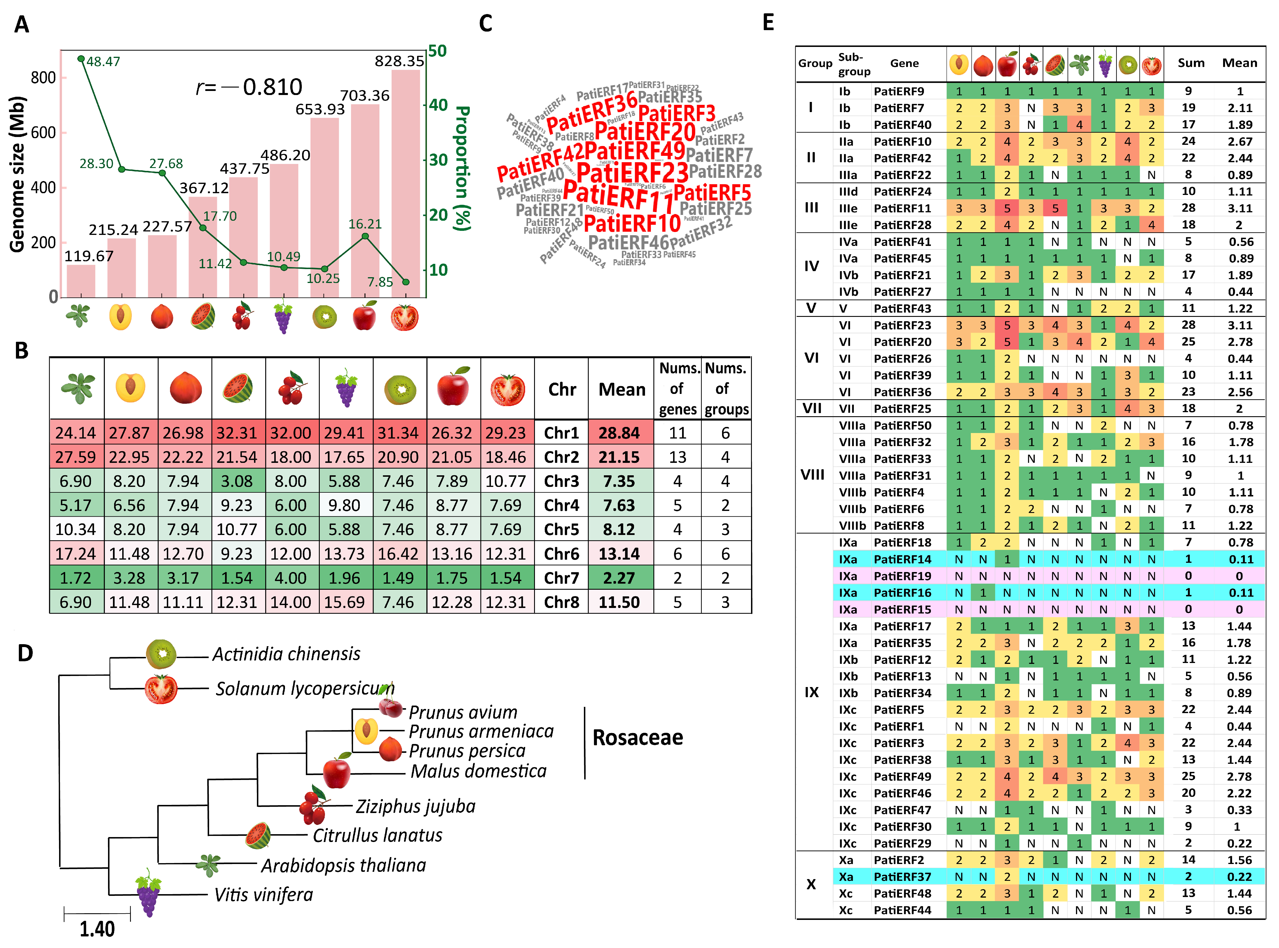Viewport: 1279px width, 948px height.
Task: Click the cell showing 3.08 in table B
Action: coord(237,481)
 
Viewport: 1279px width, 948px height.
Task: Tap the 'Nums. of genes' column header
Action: coord(678,388)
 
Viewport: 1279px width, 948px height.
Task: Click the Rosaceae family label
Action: coord(637,737)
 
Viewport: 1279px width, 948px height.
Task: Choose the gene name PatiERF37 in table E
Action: coord(902,876)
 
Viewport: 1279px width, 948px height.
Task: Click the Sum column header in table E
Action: coord(1191,63)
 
